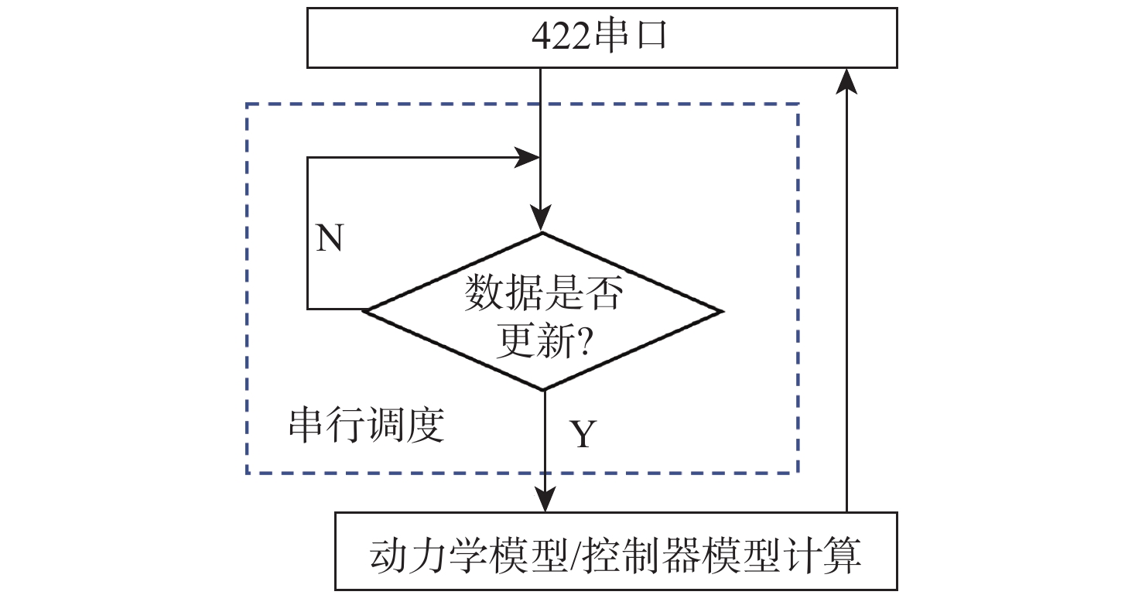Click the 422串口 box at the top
(x=602, y=38)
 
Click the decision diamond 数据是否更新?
(x=543, y=311)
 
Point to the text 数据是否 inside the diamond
(x=543, y=295)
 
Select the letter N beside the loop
(x=330, y=240)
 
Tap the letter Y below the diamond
(x=583, y=435)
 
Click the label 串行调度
(x=366, y=425)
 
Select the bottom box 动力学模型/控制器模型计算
(x=617, y=551)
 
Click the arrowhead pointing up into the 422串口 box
(x=848, y=79)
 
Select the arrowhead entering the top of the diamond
(x=541, y=218)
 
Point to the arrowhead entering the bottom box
(x=545, y=501)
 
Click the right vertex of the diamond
(x=721, y=311)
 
